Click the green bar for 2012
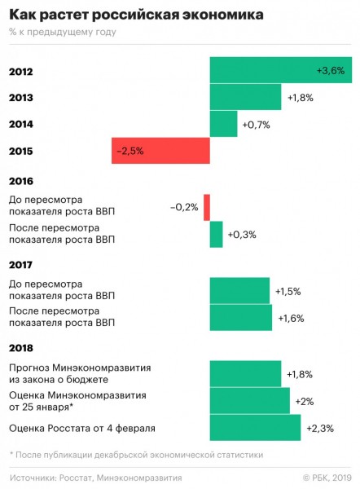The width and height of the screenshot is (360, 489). [x=281, y=70]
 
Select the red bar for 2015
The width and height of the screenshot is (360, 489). [x=160, y=151]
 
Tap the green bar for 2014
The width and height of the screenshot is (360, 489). [x=223, y=124]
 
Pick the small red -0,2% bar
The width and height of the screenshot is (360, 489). [x=207, y=207]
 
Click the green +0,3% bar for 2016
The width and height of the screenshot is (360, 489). [x=217, y=234]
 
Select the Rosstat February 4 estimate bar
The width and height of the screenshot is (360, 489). [x=255, y=428]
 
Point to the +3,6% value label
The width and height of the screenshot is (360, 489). [x=331, y=70]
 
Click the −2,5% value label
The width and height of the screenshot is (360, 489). [x=130, y=152]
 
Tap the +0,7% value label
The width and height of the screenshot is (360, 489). [x=257, y=125]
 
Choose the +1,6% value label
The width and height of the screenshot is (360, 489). [x=291, y=319]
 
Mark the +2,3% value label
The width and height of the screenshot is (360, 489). [x=320, y=428]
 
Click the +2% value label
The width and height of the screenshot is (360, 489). [x=305, y=401]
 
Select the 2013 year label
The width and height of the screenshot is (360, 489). [x=21, y=98]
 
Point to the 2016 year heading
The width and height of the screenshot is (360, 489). [x=21, y=181]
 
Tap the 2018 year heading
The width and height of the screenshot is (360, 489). [x=21, y=348]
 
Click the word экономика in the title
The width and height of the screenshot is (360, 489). [x=223, y=15]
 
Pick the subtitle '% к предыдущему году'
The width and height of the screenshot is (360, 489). [x=63, y=32]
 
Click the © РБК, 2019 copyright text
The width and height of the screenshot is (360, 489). [x=327, y=478]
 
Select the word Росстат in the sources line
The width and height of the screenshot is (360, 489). [x=76, y=478]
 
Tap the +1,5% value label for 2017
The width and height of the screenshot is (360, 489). [x=288, y=292]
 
